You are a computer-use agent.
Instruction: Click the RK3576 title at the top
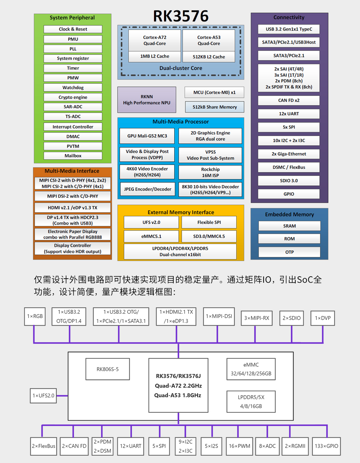pos(181,16)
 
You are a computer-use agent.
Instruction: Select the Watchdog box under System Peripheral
pos(73,87)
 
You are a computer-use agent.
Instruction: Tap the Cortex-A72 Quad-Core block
pos(155,40)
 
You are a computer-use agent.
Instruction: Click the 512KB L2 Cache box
pos(209,57)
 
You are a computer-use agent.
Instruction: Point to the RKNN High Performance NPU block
pos(147,100)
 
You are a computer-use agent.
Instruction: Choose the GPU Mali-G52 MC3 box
pos(147,136)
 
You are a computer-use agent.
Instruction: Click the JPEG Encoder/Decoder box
pos(147,189)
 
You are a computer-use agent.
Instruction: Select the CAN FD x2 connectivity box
pos(289,100)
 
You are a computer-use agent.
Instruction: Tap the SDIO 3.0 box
pos(289,181)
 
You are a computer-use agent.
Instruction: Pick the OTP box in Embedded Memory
pos(289,252)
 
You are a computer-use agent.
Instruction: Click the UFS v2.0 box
pos(151,222)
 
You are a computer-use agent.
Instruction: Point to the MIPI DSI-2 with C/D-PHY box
pos(73,196)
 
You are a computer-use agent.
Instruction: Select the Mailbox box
pos(73,156)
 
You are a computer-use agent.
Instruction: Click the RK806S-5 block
pos(108,369)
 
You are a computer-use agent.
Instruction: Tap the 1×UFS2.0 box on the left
pos(43,396)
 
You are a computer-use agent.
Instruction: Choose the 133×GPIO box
pos(326,446)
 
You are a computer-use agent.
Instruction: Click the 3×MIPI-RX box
pos(257,318)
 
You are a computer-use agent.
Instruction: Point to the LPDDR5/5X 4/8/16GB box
pos(251,402)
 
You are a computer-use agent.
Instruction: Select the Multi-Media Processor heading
pos(181,122)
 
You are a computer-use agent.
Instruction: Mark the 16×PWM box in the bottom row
pos(239,446)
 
